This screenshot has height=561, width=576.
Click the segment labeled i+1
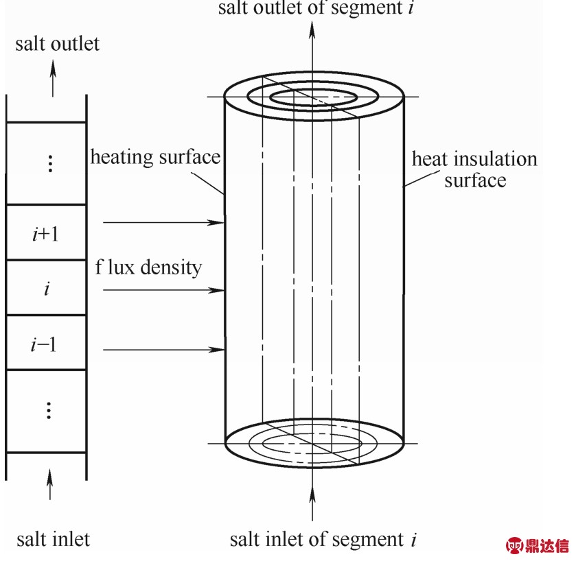click(46, 232)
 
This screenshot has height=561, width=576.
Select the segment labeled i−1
click(46, 342)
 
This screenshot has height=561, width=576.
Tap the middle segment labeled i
click(46, 287)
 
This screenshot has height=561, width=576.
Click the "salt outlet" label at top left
click(57, 44)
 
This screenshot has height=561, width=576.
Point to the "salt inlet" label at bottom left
click(54, 539)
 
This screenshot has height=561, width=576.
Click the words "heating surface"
click(155, 158)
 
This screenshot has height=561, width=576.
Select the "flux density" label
click(148, 267)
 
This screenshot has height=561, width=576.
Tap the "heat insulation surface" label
click(474, 169)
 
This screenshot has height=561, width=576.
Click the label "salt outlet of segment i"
click(316, 8)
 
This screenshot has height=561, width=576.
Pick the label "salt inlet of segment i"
click(323, 540)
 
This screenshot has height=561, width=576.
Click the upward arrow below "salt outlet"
click(54, 78)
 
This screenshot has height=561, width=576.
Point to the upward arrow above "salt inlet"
click(50, 484)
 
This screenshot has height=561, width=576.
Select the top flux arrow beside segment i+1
click(163, 222)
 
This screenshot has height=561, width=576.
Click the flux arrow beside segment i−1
click(163, 350)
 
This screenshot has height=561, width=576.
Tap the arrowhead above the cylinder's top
click(312, 29)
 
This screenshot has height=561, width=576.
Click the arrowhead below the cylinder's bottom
click(312, 494)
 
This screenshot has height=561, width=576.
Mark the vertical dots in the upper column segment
click(51, 163)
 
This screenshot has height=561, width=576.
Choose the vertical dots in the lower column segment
click(49, 410)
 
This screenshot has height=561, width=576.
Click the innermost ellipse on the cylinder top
click(313, 90)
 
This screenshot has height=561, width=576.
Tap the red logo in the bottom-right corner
click(537, 546)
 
